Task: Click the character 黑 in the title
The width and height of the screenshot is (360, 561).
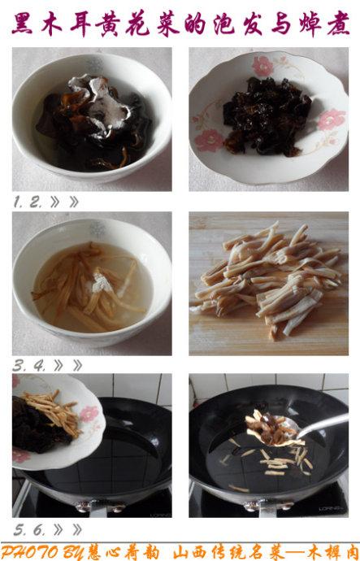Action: click(22, 25)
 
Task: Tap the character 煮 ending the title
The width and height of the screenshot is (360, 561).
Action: click(338, 25)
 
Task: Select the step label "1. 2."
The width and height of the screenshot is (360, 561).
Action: click(28, 202)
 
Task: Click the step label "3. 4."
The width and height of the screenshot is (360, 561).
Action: click(29, 366)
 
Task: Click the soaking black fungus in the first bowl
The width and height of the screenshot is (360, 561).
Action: click(95, 122)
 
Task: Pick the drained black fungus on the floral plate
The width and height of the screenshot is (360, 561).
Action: click(266, 116)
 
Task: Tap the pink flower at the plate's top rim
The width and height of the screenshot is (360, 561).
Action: click(262, 66)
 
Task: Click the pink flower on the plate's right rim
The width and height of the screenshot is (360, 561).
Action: click(331, 120)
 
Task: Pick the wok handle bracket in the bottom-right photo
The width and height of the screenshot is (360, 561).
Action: click(268, 507)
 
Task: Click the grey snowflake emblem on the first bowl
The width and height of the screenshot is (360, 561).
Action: click(94, 66)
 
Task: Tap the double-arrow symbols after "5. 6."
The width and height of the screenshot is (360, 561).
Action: click(67, 529)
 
